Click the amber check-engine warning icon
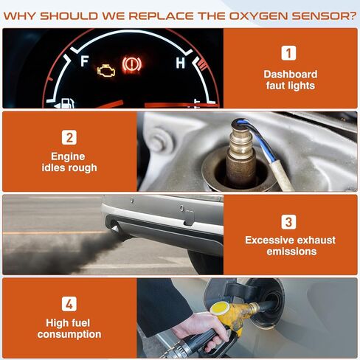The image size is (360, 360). (x=107, y=72)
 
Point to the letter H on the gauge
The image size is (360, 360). (x=180, y=63)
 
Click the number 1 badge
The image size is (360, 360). (x=290, y=52)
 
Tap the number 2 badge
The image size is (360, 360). (x=69, y=136)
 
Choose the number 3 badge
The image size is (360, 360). (x=290, y=221)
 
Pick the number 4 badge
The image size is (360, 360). (x=69, y=302)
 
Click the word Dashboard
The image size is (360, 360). (x=290, y=74)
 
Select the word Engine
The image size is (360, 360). (x=69, y=156)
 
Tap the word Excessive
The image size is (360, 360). (x=271, y=240)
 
